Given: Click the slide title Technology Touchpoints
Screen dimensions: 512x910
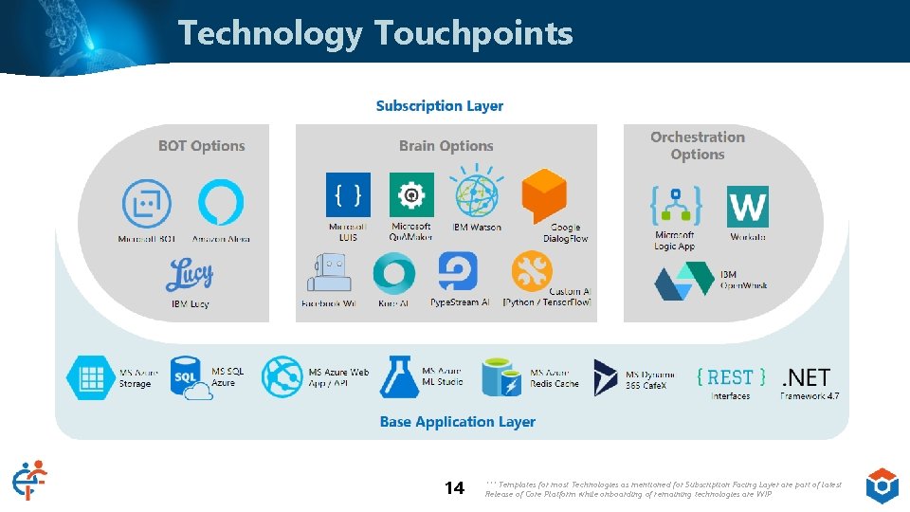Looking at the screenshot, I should tap(375, 33).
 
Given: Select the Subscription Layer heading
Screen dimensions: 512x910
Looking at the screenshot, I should tap(440, 106).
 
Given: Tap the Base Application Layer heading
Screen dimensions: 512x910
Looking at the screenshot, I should tap(458, 422).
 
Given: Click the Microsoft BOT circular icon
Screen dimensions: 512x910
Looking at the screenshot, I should tap(147, 204).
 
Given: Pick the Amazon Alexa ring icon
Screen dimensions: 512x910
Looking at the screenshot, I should tap(221, 203).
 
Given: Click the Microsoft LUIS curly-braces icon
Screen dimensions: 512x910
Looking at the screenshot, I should tap(348, 195).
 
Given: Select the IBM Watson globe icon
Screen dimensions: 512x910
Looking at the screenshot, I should tap(477, 192).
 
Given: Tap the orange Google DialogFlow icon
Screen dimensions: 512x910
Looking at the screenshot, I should tap(544, 196).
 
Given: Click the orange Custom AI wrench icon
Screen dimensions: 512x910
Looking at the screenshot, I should tap(533, 271).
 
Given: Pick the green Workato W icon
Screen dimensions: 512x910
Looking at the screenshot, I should tap(748, 206).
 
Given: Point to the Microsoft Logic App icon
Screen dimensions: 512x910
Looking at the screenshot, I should tap(675, 206).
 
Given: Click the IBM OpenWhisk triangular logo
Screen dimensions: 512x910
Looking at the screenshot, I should tap(685, 282).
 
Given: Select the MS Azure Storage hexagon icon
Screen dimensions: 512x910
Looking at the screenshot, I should tap(90, 377).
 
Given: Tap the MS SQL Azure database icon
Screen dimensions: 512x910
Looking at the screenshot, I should tap(190, 378).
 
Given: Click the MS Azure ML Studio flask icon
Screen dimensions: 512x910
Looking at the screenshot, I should tap(399, 377).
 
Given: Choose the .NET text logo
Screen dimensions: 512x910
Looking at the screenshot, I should tap(806, 377).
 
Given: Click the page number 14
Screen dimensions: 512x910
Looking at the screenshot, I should tap(455, 488).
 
